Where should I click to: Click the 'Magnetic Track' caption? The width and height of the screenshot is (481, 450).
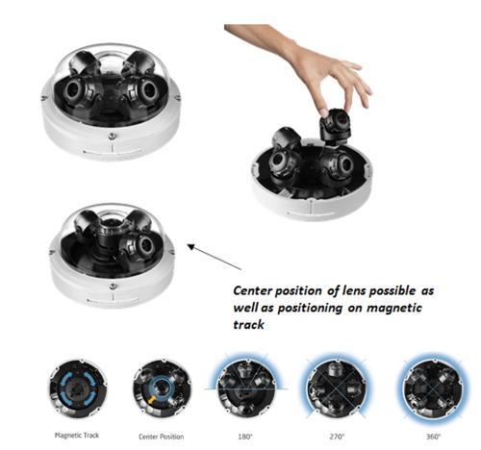click(77, 436)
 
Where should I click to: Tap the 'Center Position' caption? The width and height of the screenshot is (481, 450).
click(161, 437)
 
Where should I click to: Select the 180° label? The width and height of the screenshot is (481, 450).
click(245, 437)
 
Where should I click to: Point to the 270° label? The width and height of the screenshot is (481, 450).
click(337, 437)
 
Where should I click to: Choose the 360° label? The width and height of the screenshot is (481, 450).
click(434, 437)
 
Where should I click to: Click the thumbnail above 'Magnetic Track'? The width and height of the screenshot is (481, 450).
click(78, 388)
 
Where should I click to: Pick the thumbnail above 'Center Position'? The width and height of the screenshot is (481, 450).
click(162, 388)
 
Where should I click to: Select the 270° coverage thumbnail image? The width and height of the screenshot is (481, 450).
click(336, 387)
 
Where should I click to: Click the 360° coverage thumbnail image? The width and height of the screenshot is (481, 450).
click(433, 387)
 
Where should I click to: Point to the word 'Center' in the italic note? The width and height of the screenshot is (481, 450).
click(253, 290)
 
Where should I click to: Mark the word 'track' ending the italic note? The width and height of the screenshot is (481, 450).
click(248, 325)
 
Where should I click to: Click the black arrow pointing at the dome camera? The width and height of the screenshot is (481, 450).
click(215, 257)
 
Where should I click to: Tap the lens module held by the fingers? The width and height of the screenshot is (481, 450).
click(334, 125)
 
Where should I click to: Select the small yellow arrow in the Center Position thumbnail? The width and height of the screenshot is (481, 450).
click(151, 400)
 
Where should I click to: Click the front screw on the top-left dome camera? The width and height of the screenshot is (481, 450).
click(112, 137)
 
